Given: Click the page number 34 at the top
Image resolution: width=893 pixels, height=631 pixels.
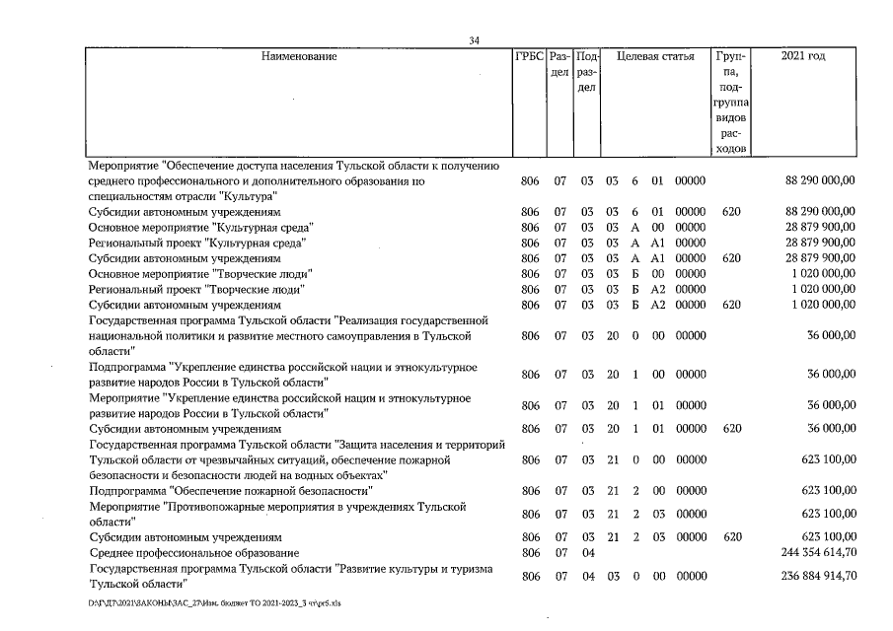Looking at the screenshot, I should [475, 40].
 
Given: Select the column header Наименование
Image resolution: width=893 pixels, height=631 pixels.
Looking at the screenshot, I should [298, 57].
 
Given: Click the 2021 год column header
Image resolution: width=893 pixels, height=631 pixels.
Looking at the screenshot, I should [803, 57].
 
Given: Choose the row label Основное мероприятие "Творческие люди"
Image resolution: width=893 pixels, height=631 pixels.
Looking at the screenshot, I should [200, 274].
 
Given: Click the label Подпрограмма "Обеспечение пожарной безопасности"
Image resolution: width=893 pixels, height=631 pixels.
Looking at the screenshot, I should [230, 491].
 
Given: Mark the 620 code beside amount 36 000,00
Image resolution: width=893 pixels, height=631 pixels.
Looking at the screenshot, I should [731, 430].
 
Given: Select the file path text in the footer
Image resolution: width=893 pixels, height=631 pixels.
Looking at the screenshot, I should [213, 602].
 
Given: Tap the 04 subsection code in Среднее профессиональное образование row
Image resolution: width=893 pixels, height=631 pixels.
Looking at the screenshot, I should [586, 554].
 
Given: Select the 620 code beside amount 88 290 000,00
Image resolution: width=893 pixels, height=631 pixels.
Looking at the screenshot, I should [731, 211].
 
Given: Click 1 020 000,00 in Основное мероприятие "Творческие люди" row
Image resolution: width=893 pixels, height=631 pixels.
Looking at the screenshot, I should [823, 274].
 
